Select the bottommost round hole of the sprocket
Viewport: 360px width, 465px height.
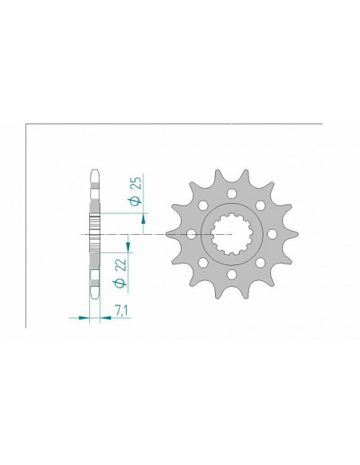(232, 275)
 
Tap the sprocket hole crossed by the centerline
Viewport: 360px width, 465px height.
(192, 234)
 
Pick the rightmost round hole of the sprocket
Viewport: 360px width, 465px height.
(272, 234)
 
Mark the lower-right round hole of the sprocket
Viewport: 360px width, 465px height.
(260, 263)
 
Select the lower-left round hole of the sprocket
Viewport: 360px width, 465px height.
(203, 263)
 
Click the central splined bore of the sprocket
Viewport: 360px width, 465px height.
(232, 234)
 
